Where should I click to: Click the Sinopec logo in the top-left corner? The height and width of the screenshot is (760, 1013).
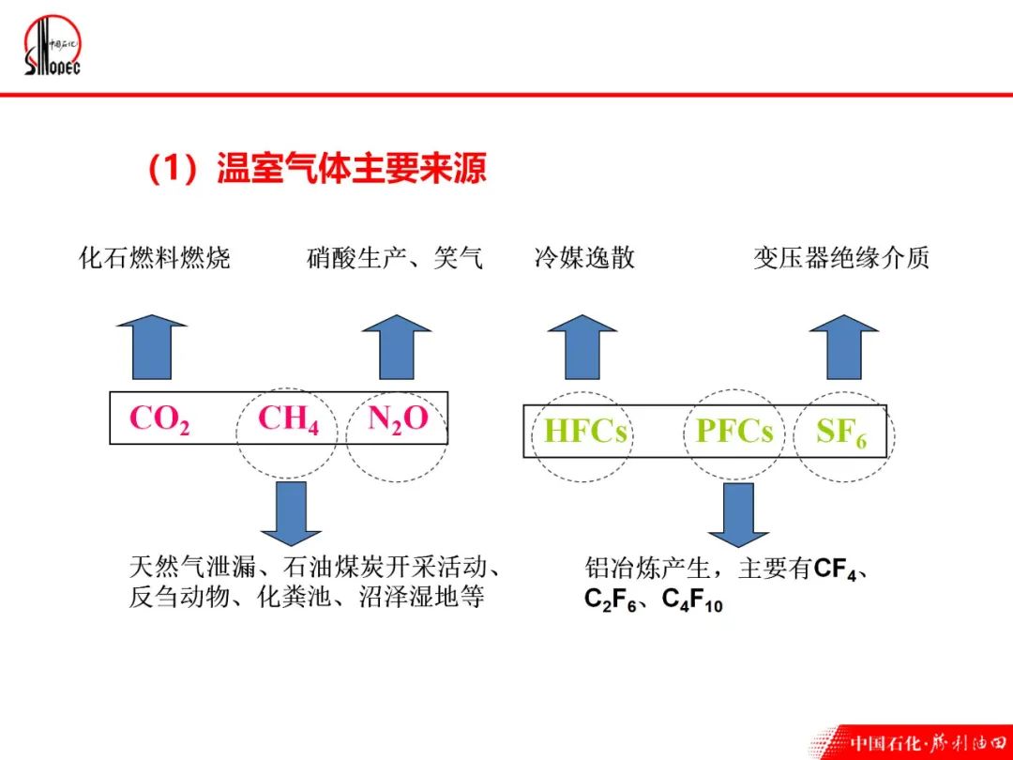[x=53, y=47]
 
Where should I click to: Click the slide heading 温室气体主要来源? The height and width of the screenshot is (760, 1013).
[x=317, y=170]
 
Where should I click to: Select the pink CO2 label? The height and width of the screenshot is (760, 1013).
[x=159, y=418]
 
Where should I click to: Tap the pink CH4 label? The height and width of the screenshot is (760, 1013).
[x=288, y=418]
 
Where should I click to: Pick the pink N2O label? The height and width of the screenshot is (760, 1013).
[x=398, y=418]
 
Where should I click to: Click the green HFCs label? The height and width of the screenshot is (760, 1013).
[x=585, y=432]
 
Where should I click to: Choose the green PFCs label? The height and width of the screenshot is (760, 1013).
[x=734, y=432]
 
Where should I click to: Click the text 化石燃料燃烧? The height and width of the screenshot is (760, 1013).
[x=155, y=258]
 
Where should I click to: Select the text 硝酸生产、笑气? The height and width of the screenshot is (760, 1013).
[x=395, y=258]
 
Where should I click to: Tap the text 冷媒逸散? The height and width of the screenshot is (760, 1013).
[x=584, y=258]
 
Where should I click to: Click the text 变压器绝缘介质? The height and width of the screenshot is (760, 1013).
[x=841, y=258]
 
